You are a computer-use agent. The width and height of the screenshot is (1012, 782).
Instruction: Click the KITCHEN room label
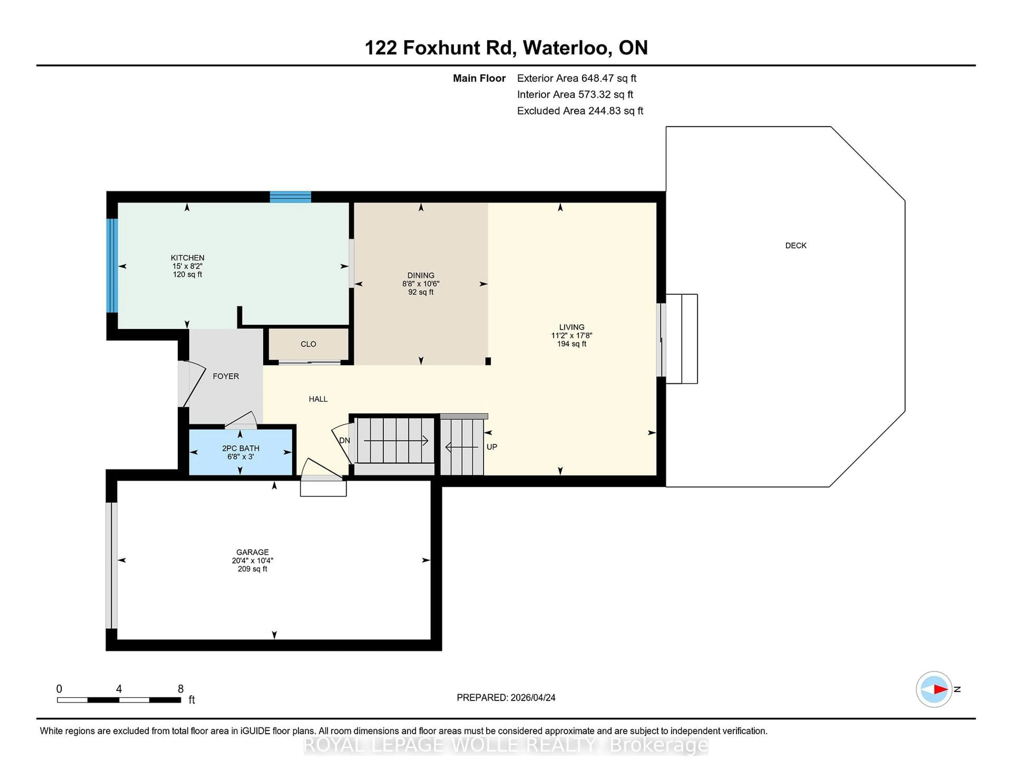pyautogui.click(x=187, y=258)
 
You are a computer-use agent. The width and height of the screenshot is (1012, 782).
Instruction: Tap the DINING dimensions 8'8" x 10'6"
pyautogui.click(x=420, y=284)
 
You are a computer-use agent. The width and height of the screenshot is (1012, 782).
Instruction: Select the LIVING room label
pyautogui.click(x=571, y=327)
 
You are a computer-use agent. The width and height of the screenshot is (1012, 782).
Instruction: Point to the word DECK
pyautogui.click(x=796, y=246)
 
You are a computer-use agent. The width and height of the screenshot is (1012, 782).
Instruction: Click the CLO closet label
pyautogui.click(x=308, y=344)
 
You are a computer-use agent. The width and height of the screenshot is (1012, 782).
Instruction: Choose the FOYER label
pyautogui.click(x=226, y=376)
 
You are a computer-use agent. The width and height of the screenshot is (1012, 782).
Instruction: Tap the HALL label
pyautogui.click(x=318, y=399)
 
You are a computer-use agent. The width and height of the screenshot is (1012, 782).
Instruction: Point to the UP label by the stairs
pyautogui.click(x=492, y=447)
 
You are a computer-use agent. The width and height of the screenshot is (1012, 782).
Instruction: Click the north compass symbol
pyautogui.click(x=934, y=689)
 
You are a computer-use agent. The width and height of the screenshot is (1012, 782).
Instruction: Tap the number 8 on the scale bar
pyautogui.click(x=181, y=689)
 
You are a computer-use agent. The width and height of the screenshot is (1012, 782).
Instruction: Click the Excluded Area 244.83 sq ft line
pyautogui.click(x=580, y=111)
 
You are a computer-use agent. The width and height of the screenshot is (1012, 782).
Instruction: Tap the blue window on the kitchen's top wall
pyautogui.click(x=290, y=197)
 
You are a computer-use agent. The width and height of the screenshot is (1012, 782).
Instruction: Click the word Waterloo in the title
pyautogui.click(x=565, y=48)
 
